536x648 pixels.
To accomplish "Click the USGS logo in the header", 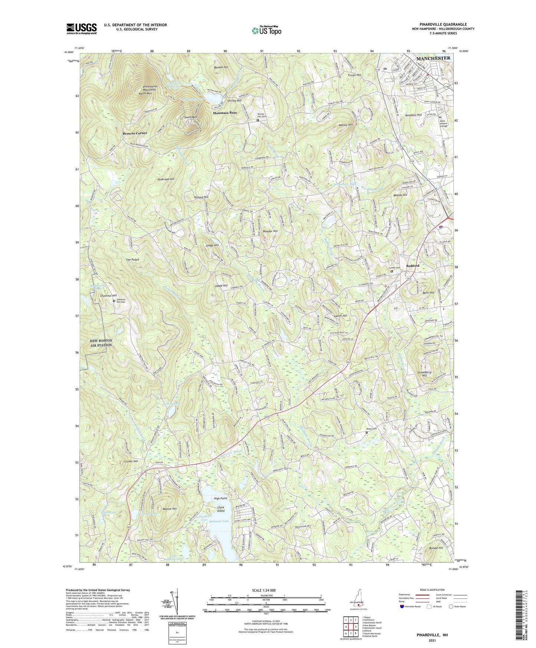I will (x=82, y=28).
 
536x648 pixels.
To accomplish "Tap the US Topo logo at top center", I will (x=266, y=30).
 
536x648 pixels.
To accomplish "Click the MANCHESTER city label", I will (x=433, y=58).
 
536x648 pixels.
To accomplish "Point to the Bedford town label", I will (x=412, y=266).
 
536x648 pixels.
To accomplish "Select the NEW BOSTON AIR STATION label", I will (x=101, y=343).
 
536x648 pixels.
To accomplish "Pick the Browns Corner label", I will (x=135, y=133).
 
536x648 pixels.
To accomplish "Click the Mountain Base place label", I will (x=225, y=112).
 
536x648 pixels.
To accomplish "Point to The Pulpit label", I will (x=132, y=259).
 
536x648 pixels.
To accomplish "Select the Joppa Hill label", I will (x=221, y=285).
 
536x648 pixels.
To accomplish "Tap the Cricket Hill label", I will (x=131, y=461).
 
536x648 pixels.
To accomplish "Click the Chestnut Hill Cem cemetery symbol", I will (x=114, y=301).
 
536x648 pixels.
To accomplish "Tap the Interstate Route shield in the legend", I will (x=402, y=606).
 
